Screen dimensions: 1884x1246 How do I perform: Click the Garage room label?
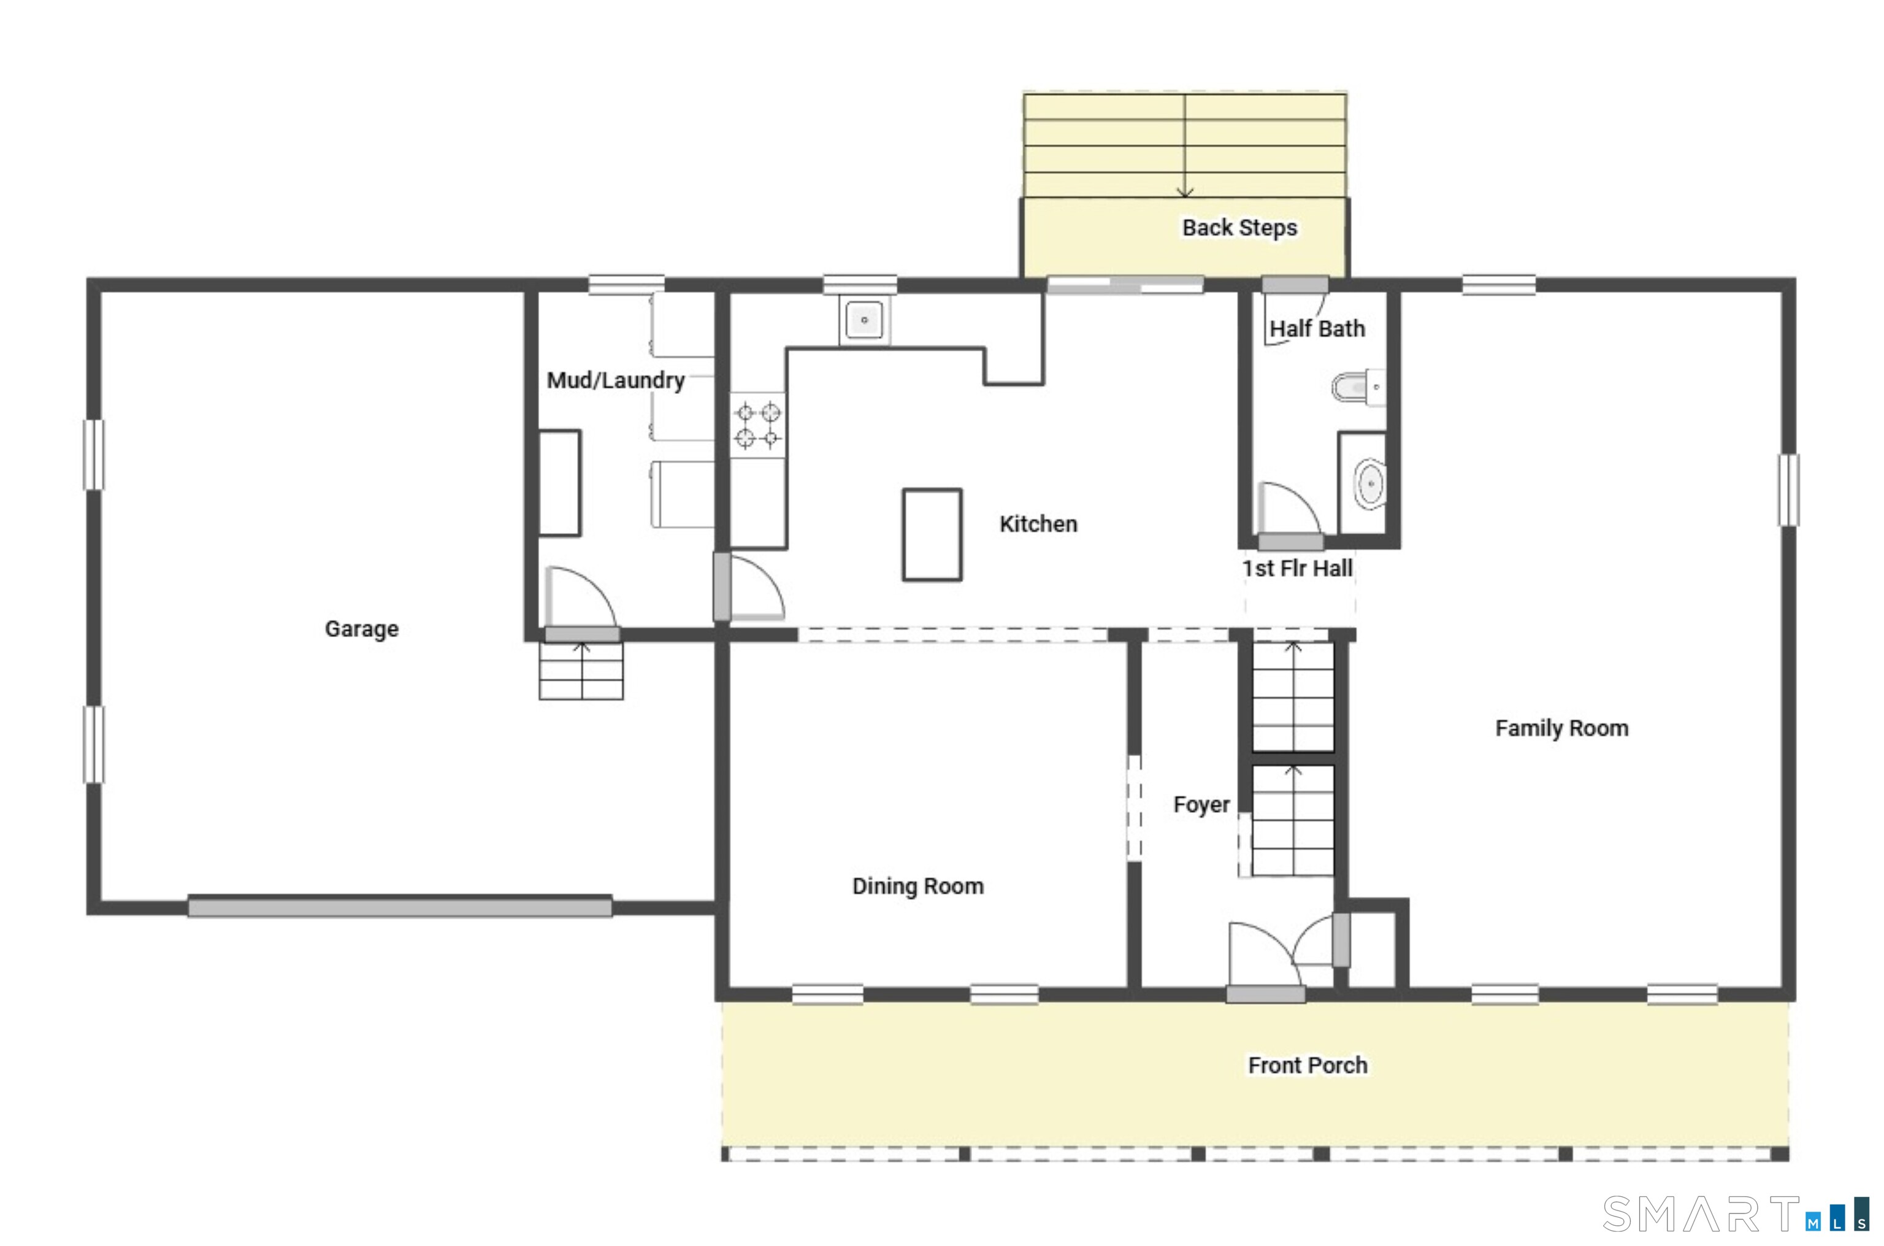tap(361, 629)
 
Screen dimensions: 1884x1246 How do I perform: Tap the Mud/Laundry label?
tap(616, 380)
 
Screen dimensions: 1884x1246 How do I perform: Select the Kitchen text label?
tap(1038, 524)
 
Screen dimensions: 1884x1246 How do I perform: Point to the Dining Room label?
tap(917, 886)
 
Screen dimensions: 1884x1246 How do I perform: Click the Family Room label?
tap(1561, 728)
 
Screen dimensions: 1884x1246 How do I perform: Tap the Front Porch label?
tap(1308, 1065)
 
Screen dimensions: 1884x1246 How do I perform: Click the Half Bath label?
tap(1317, 328)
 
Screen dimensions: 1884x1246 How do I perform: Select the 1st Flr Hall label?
tap(1297, 568)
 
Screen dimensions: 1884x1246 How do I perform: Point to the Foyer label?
tap(1201, 804)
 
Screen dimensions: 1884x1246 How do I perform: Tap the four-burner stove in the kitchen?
tap(758, 425)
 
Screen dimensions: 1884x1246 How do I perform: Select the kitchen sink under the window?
tap(864, 320)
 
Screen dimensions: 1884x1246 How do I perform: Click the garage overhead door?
tap(399, 907)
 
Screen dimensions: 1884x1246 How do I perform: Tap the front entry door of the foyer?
tap(1265, 993)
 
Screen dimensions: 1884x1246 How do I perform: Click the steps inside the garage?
tap(581, 671)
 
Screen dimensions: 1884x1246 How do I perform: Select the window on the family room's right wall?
tap(1788, 490)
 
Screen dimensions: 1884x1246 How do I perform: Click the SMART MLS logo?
tap(1736, 1213)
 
